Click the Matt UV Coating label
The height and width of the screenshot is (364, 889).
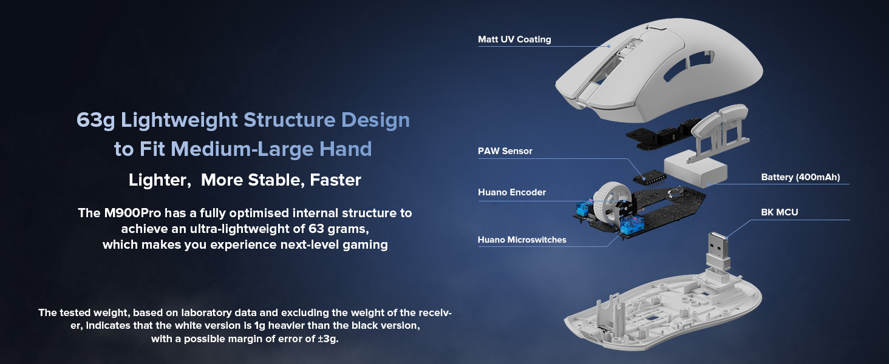click(514, 39)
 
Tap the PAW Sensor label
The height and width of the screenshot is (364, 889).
click(505, 151)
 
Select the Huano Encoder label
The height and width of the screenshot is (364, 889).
click(511, 192)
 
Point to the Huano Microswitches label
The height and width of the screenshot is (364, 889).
click(522, 240)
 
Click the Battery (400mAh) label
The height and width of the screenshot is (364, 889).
click(800, 177)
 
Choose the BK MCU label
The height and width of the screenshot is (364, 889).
click(780, 212)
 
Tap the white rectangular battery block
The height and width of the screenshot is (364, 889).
click(695, 170)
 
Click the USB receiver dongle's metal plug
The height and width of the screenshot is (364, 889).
click(718, 247)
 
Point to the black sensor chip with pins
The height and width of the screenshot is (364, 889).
click(650, 177)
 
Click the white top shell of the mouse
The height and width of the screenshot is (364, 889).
click(659, 69)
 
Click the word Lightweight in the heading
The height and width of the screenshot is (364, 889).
click(179, 120)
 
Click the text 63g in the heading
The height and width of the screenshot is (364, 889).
click(96, 120)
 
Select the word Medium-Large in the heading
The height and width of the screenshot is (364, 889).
click(242, 149)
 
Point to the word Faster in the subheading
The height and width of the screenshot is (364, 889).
click(335, 180)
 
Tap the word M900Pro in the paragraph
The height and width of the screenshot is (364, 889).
click(132, 213)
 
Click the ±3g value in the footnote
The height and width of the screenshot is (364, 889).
click(327, 339)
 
